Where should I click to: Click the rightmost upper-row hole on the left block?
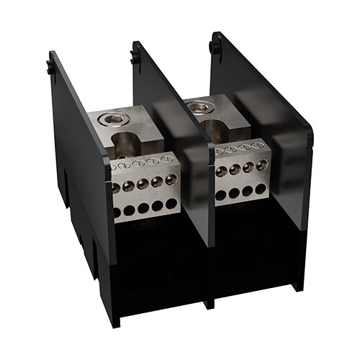pyautogui.click(x=171, y=180)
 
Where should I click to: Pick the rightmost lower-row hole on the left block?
pyautogui.click(x=171, y=204)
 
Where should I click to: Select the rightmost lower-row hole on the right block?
pyautogui.click(x=260, y=189)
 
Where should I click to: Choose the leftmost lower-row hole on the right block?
pyautogui.click(x=221, y=195)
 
